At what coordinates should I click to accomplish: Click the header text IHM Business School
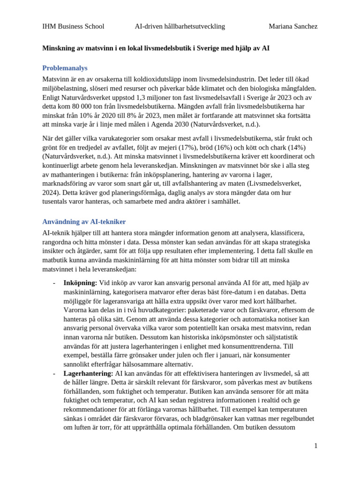pyautogui.click(x=73, y=26)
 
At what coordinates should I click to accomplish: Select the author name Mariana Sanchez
pyautogui.click(x=293, y=26)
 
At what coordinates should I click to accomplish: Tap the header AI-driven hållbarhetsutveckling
pyautogui.click(x=180, y=26)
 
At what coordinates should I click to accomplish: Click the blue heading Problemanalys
pyautogui.click(x=65, y=68)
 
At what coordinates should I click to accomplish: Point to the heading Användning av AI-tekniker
pyautogui.click(x=84, y=222)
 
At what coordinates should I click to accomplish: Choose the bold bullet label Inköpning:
pyautogui.click(x=80, y=283)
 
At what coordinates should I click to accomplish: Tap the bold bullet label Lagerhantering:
pyautogui.click(x=88, y=373)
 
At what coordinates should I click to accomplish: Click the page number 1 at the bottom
pyautogui.click(x=315, y=446)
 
